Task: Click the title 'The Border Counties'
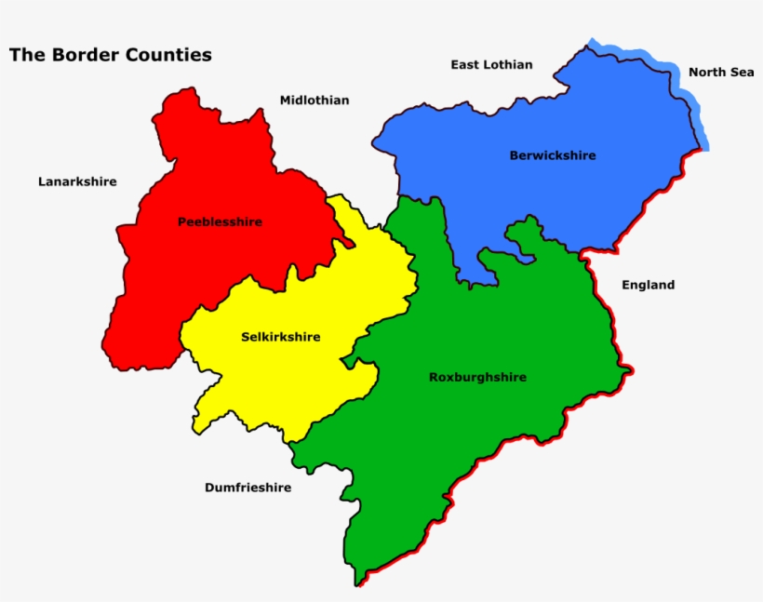[110, 55]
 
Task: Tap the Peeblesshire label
[220, 222]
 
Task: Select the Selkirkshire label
[280, 337]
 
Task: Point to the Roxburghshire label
[477, 377]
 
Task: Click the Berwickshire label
[553, 155]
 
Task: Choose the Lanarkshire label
[77, 181]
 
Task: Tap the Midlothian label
[315, 100]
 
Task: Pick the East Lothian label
[491, 65]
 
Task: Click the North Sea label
[721, 72]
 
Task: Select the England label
[648, 285]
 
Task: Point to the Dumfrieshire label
[248, 488]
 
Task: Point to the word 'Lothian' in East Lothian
[507, 65]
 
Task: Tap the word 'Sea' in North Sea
[742, 72]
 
